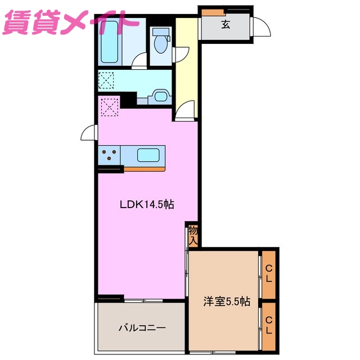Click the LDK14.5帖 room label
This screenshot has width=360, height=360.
point(146,205)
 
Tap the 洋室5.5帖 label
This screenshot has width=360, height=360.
point(226,302)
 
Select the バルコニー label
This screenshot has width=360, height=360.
point(142,327)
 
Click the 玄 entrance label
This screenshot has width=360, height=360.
point(225,24)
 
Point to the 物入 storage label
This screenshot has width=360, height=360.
point(193,235)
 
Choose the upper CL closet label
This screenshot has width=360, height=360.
point(269,273)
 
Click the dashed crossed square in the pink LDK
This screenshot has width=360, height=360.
point(110,106)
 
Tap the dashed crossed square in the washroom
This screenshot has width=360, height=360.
point(106,80)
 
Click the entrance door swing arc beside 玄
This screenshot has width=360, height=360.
point(261,27)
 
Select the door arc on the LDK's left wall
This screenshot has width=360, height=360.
point(88,134)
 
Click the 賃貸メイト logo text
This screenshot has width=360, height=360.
point(70,24)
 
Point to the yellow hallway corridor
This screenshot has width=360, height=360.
point(186,62)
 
